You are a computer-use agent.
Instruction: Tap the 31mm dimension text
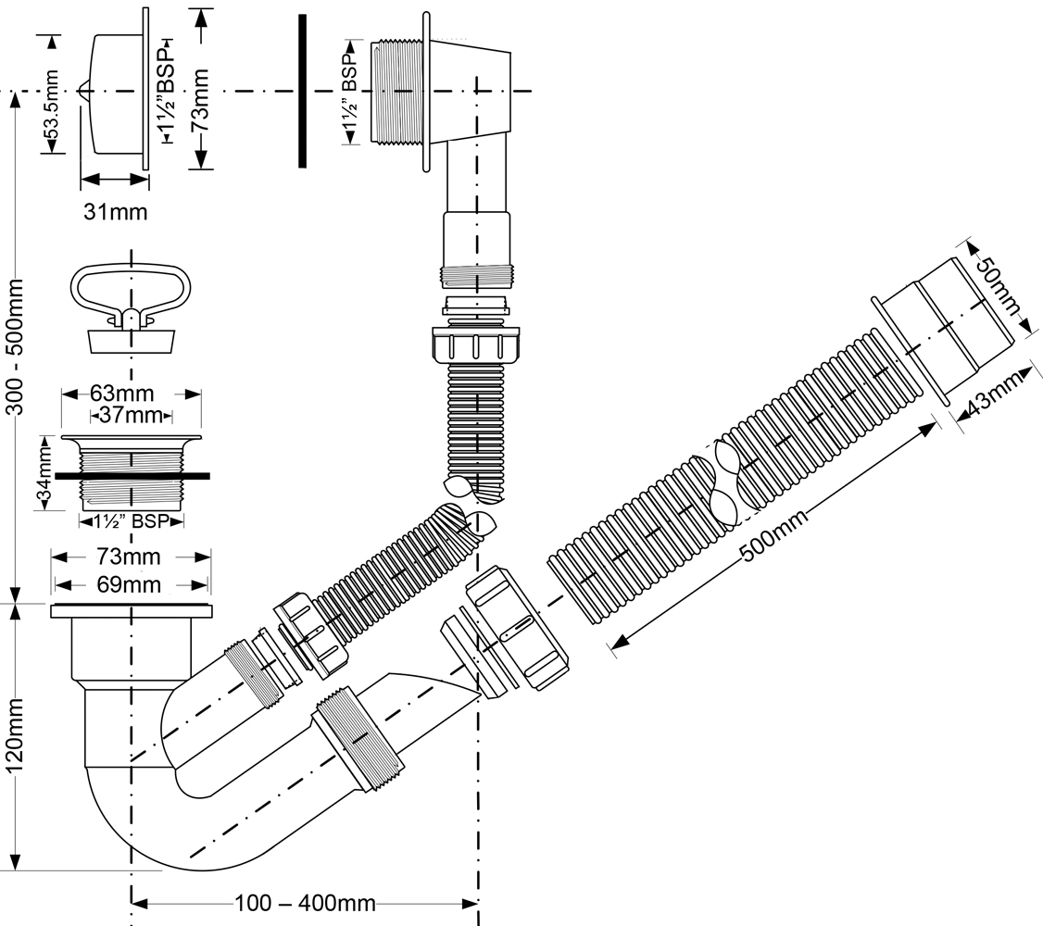(x=115, y=212)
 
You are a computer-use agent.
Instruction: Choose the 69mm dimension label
(x=131, y=584)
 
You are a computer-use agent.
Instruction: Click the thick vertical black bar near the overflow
(x=303, y=91)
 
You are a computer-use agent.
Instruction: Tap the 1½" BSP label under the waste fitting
(x=131, y=521)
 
